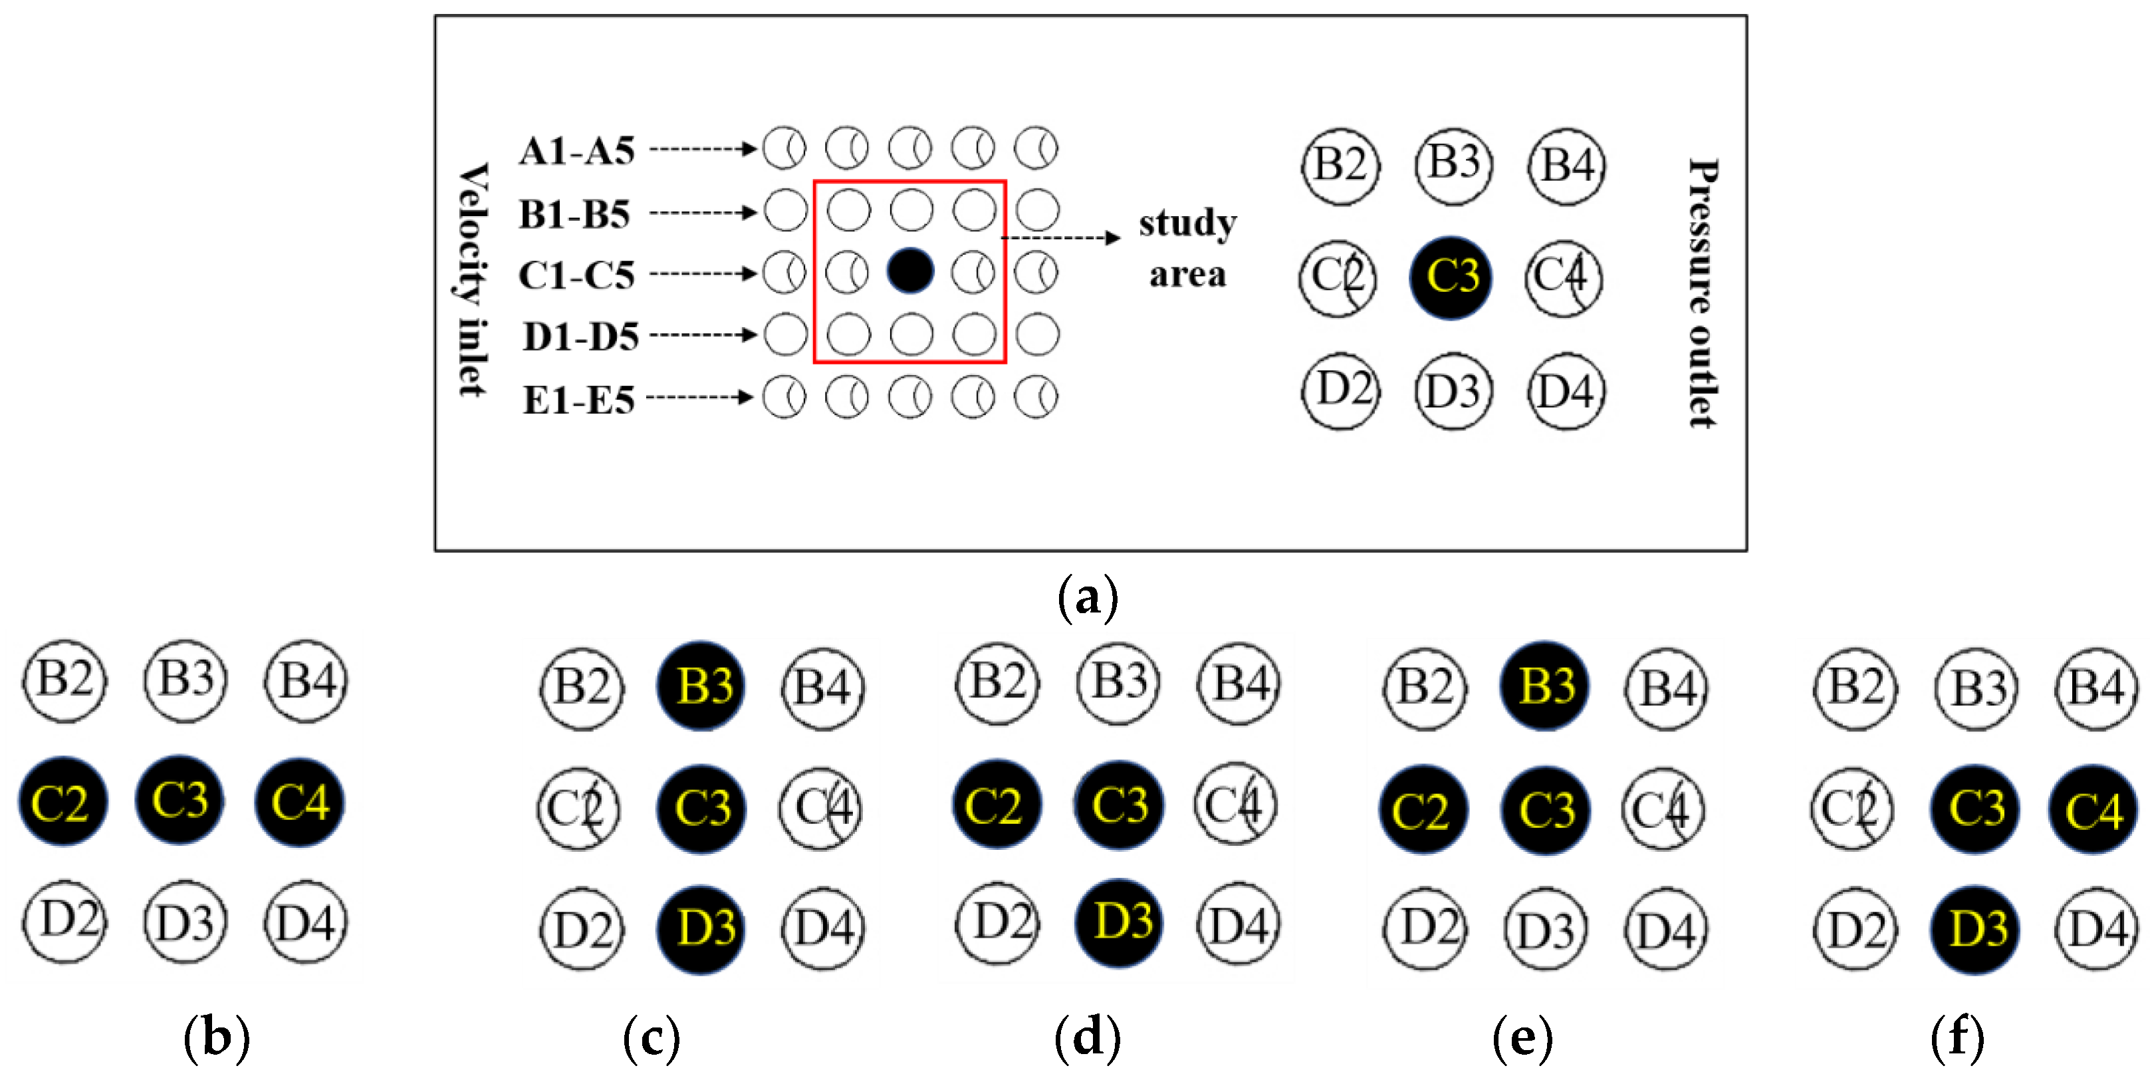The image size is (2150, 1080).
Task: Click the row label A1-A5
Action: (x=576, y=151)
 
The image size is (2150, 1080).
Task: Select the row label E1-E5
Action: (x=578, y=400)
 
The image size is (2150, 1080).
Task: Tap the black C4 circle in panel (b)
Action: (x=300, y=802)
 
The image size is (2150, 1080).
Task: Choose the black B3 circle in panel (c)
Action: (x=701, y=686)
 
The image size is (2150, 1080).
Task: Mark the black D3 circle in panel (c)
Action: (x=702, y=929)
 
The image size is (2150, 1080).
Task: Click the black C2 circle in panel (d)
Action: (x=997, y=805)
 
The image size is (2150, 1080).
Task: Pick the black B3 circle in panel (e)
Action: (x=1545, y=686)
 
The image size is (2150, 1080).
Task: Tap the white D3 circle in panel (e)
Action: (x=1545, y=929)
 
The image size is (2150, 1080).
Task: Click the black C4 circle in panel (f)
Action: (x=2094, y=809)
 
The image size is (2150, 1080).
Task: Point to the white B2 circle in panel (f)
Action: (x=1855, y=688)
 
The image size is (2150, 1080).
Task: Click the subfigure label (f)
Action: (x=1957, y=1037)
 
